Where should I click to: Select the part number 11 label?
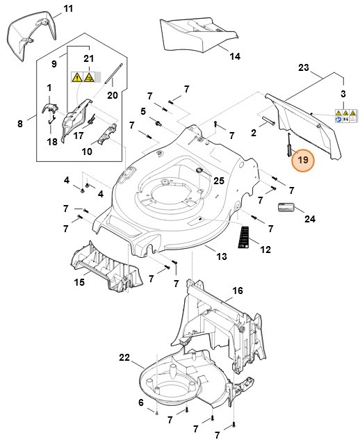pyautogui.click(x=67, y=8)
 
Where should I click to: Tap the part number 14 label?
pyautogui.click(x=234, y=56)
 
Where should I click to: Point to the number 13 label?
pyautogui.click(x=221, y=257)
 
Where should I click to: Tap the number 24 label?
pyautogui.click(x=309, y=219)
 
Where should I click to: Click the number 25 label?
pyautogui.click(x=219, y=181)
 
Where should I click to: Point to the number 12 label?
pyautogui.click(x=265, y=249)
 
